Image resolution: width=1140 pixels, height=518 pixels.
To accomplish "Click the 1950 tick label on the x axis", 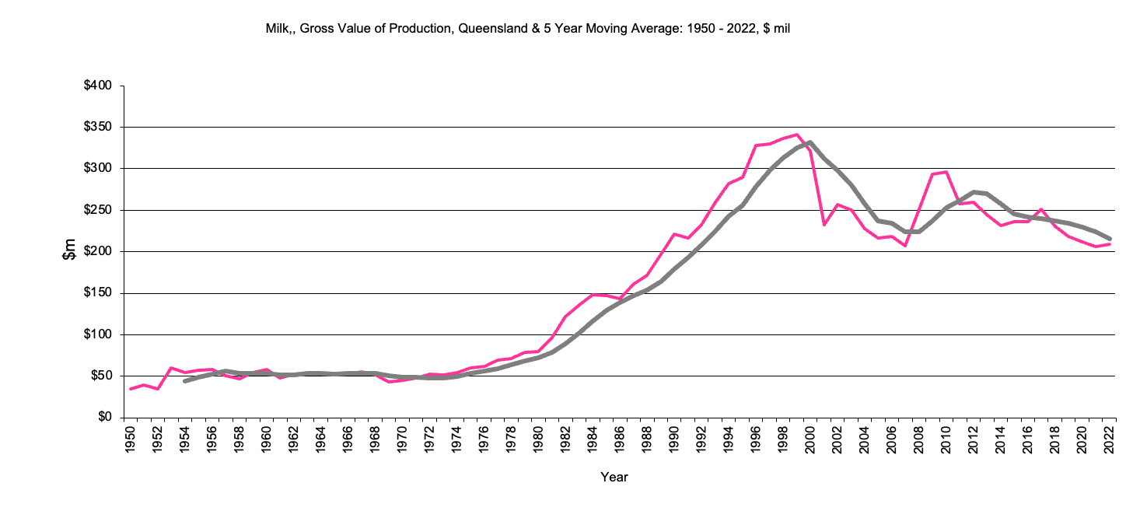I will pyautogui.click(x=130, y=438).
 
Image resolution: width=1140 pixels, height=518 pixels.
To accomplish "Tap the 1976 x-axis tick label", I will pyautogui.click(x=485, y=438).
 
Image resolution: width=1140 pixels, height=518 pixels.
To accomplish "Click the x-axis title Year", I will pyautogui.click(x=614, y=477).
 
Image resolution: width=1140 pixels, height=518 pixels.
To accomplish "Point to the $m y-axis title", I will pyautogui.click(x=70, y=251).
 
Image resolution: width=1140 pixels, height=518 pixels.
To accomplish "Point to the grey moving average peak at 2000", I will pyautogui.click(x=810, y=142).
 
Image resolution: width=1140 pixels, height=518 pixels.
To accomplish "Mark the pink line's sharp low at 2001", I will pyautogui.click(x=824, y=225).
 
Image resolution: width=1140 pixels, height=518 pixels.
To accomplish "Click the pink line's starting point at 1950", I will pyautogui.click(x=130, y=389).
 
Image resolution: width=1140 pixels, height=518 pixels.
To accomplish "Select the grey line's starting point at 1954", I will pyautogui.click(x=184, y=381).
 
